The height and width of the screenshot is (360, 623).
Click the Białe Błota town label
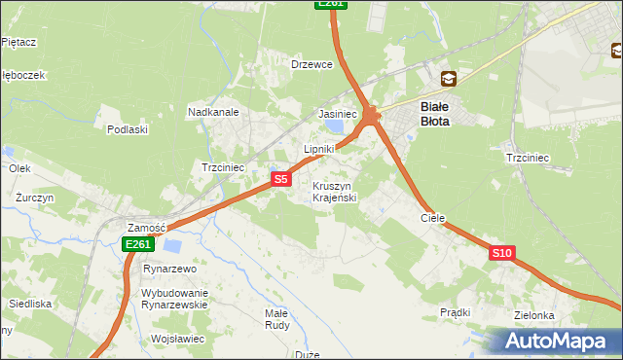435,115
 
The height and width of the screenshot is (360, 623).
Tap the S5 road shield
280,179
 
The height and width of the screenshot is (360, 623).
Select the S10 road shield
501,253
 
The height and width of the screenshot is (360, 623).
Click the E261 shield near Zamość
136,245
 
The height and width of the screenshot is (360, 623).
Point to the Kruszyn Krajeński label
335,192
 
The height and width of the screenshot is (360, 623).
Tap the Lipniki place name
319,149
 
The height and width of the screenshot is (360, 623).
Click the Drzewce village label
312,64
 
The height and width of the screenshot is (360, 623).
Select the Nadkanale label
214,112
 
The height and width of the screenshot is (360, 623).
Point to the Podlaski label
128,129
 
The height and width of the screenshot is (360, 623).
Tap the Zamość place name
147,227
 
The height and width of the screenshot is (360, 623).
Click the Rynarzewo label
170,269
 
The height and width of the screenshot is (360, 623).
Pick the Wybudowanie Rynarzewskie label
175,299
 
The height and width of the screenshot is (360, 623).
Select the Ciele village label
432,219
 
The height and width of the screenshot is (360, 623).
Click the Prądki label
456,312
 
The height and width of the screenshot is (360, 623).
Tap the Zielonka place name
535,316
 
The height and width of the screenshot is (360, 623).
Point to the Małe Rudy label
277,320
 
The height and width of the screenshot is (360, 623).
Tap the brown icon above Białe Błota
448,79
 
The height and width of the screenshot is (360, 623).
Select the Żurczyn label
34,197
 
